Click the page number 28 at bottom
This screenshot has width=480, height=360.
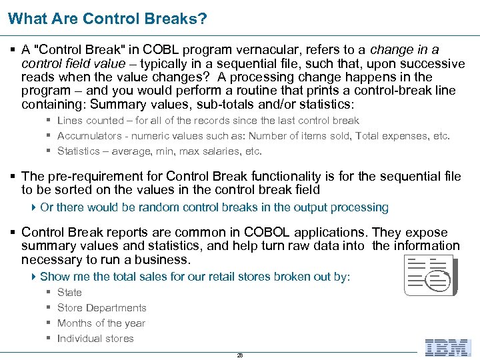point(240,355)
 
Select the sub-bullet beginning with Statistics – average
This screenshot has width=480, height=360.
point(159,151)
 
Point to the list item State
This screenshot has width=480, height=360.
point(69,293)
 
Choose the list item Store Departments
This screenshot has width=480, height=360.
point(101,308)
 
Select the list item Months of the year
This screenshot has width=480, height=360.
point(101,323)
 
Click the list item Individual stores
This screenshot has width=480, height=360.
point(95,339)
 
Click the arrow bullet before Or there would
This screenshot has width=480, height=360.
point(34,207)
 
